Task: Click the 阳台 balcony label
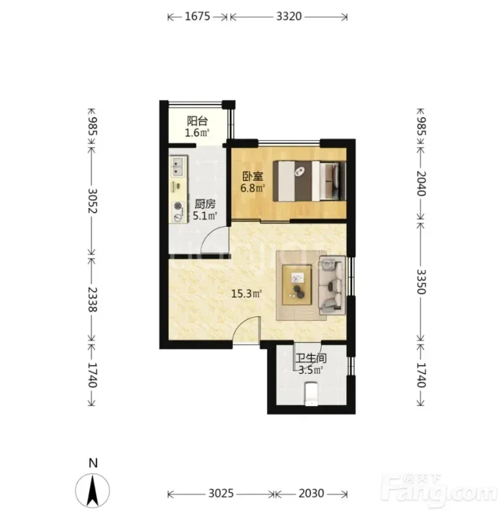197,121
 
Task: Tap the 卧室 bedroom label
252,176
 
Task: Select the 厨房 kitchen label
205,204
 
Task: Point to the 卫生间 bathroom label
311,358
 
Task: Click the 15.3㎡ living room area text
246,294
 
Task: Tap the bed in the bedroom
310,181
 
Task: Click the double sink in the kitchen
178,166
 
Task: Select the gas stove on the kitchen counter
178,212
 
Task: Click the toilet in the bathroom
312,394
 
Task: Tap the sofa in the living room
332,285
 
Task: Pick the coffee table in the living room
297,285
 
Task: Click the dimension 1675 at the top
197,16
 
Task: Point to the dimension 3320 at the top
288,16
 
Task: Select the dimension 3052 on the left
93,200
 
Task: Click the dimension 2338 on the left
93,299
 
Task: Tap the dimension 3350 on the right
421,282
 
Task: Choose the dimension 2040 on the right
421,183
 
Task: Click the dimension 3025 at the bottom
221,493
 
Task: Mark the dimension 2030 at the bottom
312,493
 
